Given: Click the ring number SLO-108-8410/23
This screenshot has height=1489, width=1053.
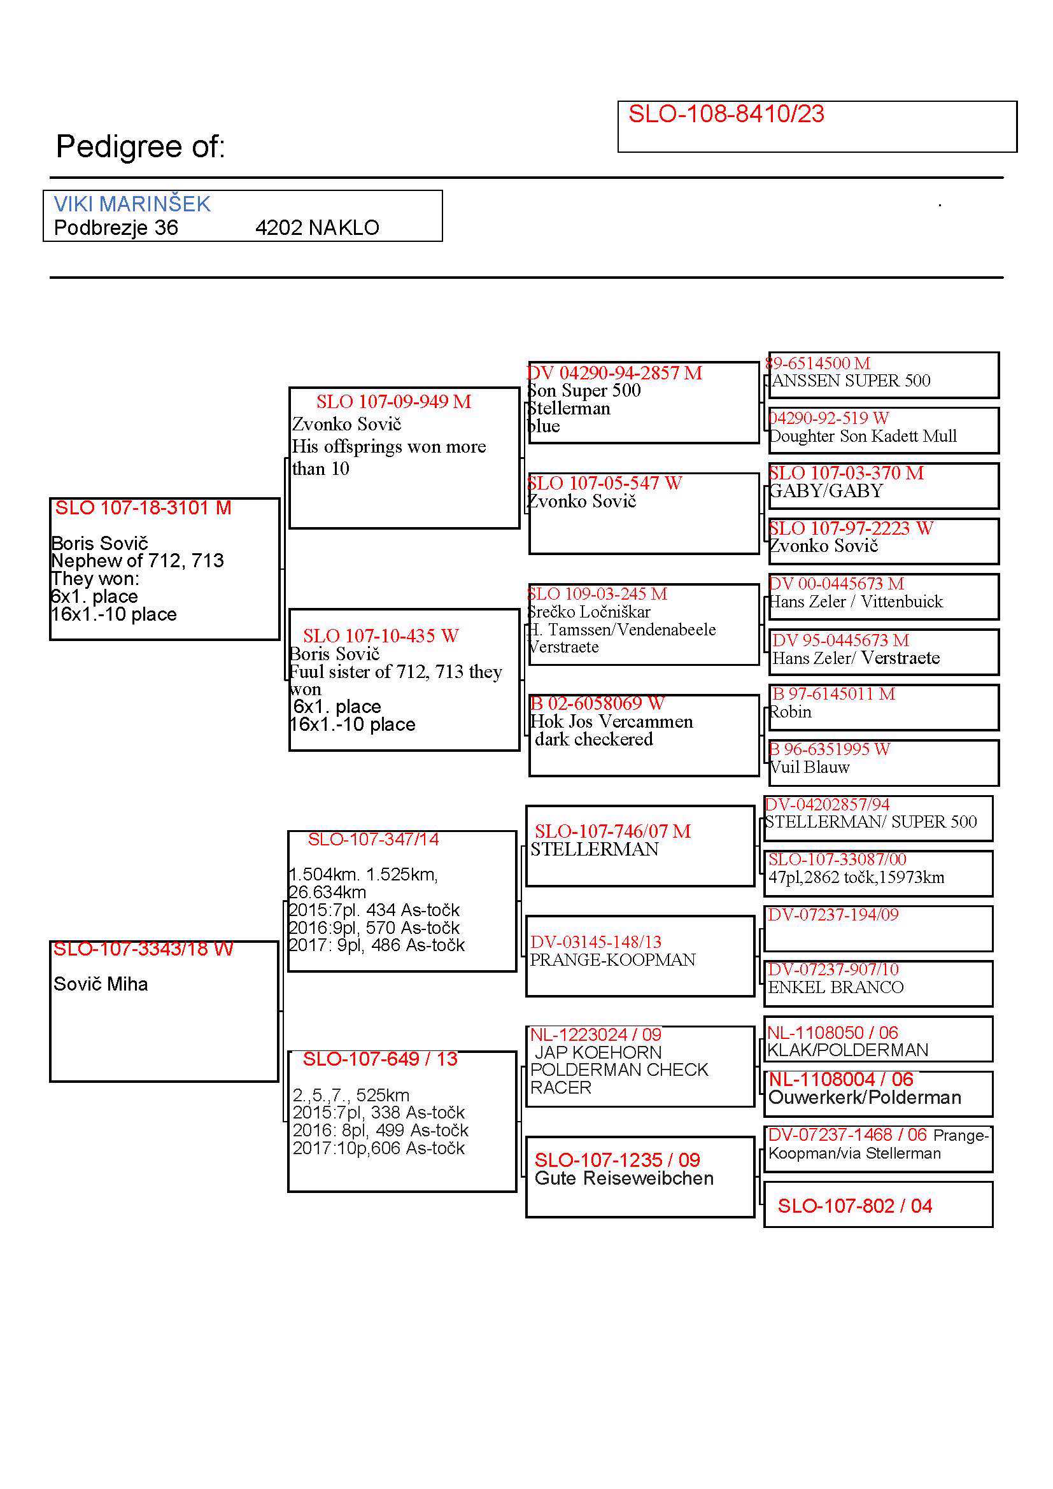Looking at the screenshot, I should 726,114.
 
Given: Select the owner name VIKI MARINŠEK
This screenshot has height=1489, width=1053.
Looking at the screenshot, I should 132,204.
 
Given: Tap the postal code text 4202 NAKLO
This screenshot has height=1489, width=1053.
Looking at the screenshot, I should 316,228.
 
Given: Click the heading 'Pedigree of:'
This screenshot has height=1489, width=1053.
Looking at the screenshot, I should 140,146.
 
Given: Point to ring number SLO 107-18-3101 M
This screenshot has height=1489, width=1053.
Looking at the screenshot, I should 143,508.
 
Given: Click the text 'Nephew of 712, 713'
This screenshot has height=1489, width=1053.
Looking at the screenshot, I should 137,560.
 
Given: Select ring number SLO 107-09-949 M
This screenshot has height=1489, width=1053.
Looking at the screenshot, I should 393,402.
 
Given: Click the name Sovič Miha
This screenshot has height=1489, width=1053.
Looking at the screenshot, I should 101,984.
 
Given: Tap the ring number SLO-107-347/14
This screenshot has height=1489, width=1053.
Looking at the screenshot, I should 373,839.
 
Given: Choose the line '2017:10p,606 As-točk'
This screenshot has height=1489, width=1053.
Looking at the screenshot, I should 378,1148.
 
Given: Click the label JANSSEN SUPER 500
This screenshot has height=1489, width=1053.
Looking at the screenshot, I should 850,381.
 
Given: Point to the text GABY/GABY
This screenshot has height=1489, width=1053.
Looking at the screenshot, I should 826,491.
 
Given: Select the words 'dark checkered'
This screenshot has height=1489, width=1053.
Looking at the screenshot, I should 593,739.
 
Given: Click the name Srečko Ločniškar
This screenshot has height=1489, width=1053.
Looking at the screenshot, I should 588,612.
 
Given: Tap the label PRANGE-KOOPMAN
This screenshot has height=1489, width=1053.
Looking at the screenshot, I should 612,960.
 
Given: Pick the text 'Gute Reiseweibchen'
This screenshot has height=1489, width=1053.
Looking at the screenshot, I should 624,1178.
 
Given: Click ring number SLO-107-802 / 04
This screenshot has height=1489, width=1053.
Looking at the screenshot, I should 854,1206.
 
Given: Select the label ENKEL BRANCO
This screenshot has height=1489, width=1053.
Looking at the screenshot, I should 835,987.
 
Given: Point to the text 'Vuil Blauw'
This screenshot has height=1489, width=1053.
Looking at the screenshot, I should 809,767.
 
